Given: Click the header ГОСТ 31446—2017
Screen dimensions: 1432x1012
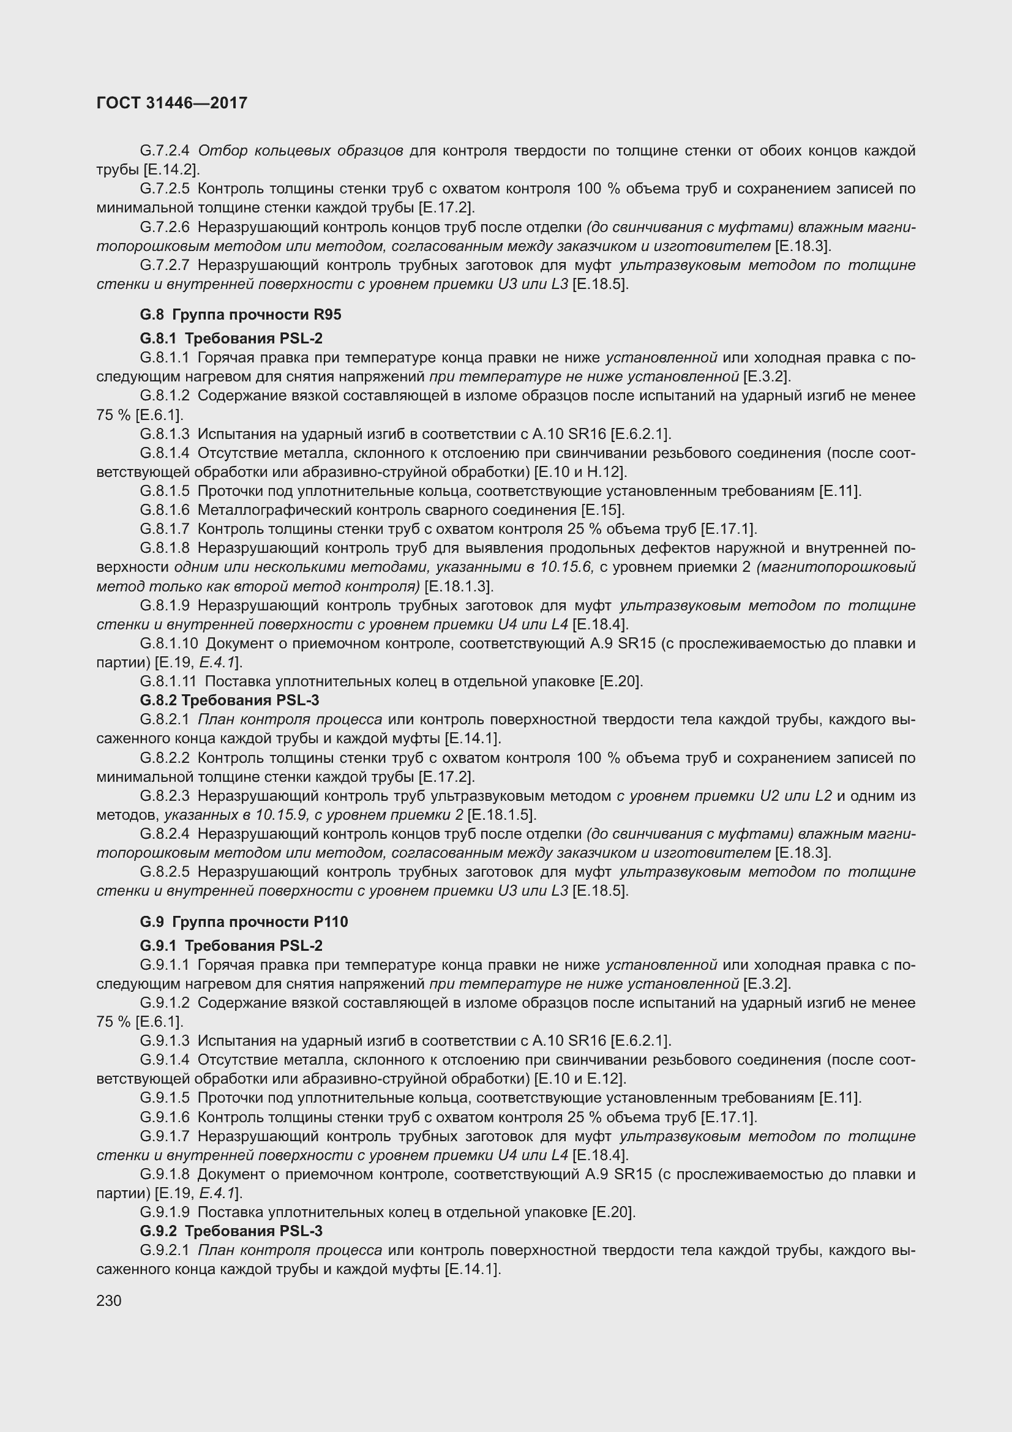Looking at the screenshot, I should coord(172,103).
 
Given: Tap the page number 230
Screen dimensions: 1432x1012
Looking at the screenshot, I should coord(109,1300).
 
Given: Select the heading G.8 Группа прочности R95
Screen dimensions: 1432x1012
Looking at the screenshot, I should coord(241,314).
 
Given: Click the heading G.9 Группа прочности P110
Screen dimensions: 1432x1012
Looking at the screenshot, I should coord(244,922).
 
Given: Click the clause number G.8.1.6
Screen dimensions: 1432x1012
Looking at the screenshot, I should coord(165,509).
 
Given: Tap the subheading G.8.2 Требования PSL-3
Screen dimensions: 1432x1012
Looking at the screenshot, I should coord(230,700).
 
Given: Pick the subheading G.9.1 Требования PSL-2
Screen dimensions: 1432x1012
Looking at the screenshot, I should coord(231,945).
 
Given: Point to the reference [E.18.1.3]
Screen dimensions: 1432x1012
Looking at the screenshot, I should coord(459,587).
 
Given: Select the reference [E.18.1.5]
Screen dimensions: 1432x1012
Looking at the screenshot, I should coord(502,814).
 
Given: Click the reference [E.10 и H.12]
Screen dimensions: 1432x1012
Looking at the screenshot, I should coord(580,471).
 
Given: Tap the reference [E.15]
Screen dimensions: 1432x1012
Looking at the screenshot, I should coord(602,509).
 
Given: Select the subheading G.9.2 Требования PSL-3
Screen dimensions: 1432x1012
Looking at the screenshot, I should coord(231,1231).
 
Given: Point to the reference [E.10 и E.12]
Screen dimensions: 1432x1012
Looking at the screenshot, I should coord(580,1078).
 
